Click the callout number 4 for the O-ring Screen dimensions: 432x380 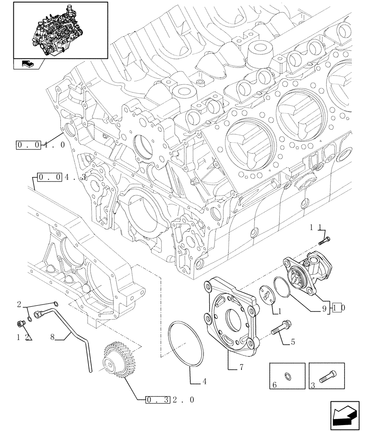[204, 381]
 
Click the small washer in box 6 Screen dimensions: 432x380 [288, 376]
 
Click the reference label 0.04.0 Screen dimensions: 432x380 [41, 145]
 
